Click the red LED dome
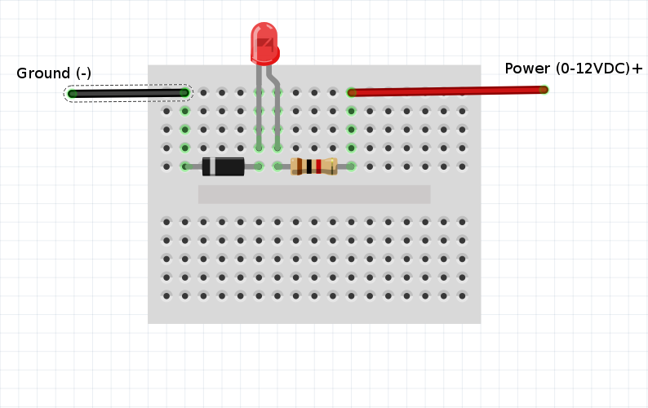click(x=264, y=43)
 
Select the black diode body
click(x=223, y=166)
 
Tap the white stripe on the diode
click(x=212, y=166)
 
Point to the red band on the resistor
click(x=318, y=166)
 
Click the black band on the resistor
click(x=308, y=166)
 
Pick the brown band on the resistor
click(x=300, y=166)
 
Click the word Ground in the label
click(x=43, y=73)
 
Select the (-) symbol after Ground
click(x=83, y=73)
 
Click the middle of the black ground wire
click(x=128, y=93)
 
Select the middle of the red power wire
click(x=447, y=91)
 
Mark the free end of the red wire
click(x=544, y=90)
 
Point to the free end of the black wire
click(x=73, y=94)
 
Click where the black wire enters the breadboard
click(x=184, y=93)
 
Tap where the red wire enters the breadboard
click(x=351, y=92)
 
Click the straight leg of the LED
click(x=259, y=107)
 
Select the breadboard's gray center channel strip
click(x=314, y=194)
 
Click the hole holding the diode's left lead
click(x=184, y=166)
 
